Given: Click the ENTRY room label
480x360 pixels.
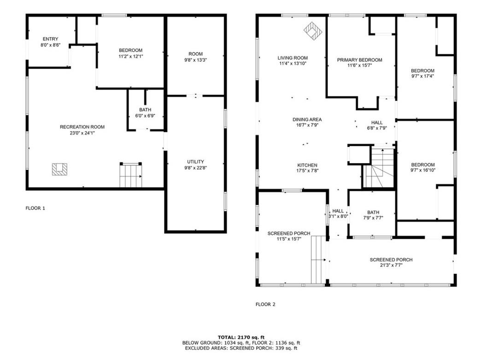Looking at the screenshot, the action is coord(50,39).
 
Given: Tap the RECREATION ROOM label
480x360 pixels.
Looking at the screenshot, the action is coord(82,127).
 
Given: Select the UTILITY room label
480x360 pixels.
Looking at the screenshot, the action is coord(196,162).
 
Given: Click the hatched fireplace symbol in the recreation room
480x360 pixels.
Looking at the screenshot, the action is coord(59,169).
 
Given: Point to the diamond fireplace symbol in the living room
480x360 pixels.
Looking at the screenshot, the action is coord(313,30).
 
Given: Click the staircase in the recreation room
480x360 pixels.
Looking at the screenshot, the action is coord(131,175).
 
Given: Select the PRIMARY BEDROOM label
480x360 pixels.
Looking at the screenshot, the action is coord(359,60).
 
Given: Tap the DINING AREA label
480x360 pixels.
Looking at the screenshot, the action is coord(307,119).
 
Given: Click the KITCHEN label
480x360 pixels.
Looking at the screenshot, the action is coord(307,165).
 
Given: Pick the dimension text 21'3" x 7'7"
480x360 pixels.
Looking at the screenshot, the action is coord(391,266).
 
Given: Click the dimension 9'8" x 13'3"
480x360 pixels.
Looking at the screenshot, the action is coord(196,60).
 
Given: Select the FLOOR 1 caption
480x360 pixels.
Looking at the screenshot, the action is coord(35,208).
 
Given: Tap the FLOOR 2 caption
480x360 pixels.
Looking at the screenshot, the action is coord(265,304).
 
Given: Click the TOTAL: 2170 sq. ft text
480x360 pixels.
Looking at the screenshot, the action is coord(241,337).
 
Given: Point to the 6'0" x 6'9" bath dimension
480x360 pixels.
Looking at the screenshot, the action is coord(145,116).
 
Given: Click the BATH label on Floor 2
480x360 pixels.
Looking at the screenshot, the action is coord(373,212).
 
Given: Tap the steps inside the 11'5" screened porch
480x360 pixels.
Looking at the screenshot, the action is coord(318,260).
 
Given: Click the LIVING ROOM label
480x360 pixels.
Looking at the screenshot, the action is coord(293,58).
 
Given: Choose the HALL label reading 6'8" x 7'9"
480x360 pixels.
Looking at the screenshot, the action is coord(377,123).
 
